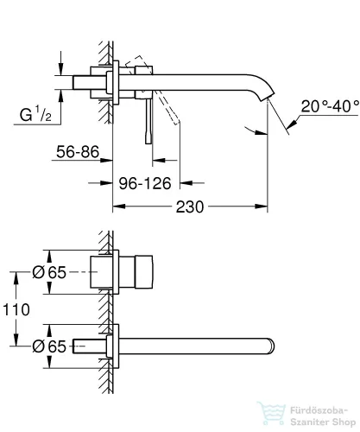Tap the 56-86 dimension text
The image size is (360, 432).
(x=76, y=153)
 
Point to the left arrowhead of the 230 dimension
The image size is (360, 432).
(x=118, y=207)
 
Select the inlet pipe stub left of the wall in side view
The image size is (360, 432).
(x=88, y=85)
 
